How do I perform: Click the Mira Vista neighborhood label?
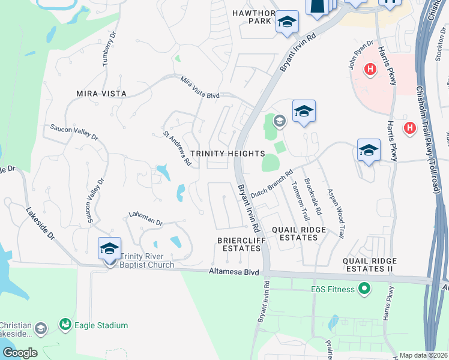[x=101, y=94]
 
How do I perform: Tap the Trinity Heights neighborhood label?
[x=228, y=154]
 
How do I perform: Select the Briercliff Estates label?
[x=238, y=244]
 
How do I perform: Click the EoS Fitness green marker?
[x=364, y=290]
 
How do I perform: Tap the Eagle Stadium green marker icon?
[x=65, y=325]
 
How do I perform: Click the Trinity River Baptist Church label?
[x=147, y=260]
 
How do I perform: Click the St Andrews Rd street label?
[x=177, y=148]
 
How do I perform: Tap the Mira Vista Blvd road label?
[x=200, y=87]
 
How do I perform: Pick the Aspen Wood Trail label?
[x=334, y=214]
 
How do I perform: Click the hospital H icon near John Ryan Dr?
[x=370, y=69]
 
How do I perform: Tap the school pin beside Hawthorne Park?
[x=287, y=23]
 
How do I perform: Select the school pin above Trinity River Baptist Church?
[x=110, y=248]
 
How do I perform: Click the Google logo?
[x=19, y=353]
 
